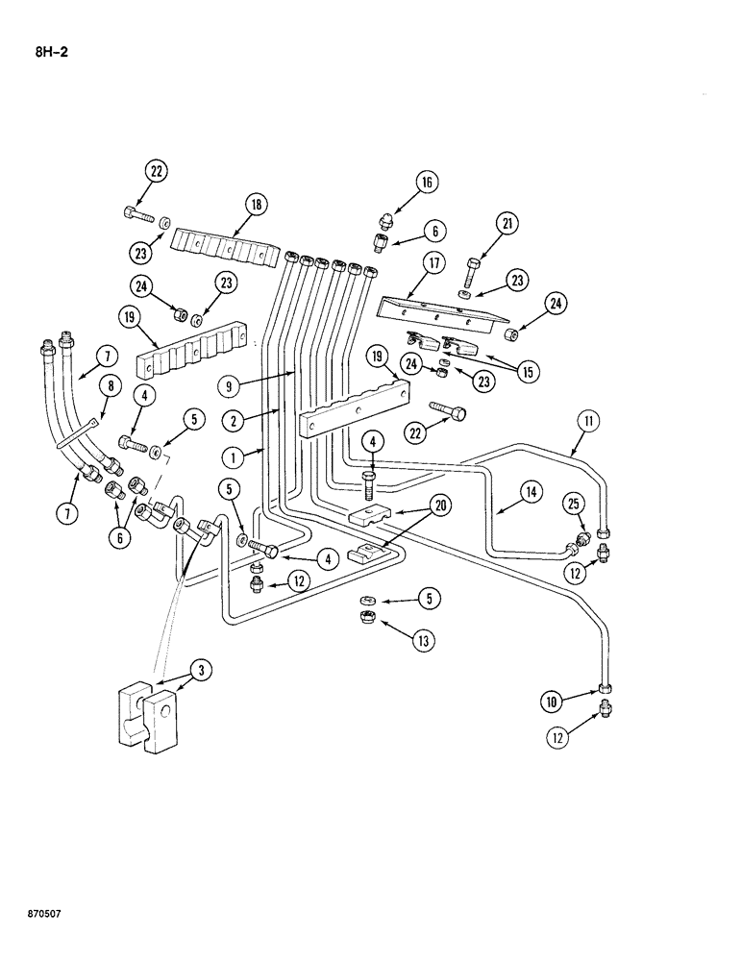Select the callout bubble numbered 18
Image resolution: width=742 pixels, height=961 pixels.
coord(255,205)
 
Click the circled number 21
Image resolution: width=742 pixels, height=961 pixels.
coord(507,224)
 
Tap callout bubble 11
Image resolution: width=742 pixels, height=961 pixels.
coord(587,418)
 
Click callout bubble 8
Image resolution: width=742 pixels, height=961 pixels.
coord(109,386)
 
